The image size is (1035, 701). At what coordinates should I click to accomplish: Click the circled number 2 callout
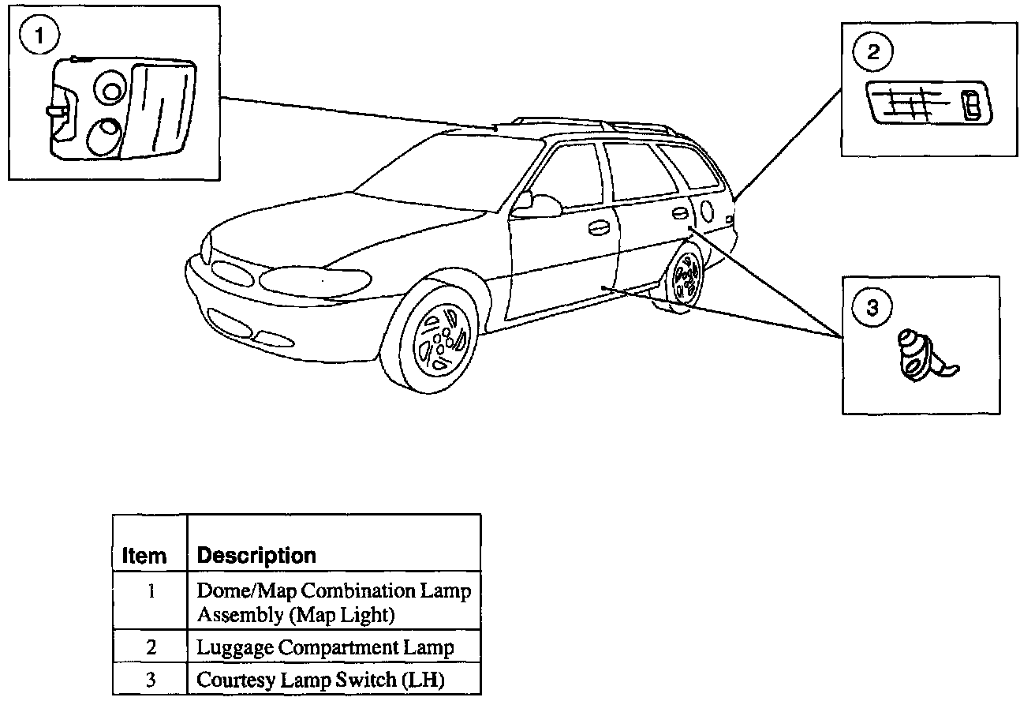pyautogui.click(x=872, y=52)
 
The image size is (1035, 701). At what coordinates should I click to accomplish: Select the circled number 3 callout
pyautogui.click(x=872, y=307)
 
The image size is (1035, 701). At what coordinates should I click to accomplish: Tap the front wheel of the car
pyautogui.click(x=437, y=337)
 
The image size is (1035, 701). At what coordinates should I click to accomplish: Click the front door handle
pyautogui.click(x=599, y=227)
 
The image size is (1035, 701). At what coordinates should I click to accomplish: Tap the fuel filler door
pyautogui.click(x=706, y=211)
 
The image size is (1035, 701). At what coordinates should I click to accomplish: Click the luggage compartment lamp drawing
pyautogui.click(x=928, y=103)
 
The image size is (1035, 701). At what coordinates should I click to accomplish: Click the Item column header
pyautogui.click(x=144, y=556)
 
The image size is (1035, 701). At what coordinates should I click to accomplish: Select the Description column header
pyautogui.click(x=256, y=555)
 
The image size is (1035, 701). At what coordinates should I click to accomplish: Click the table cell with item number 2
pyautogui.click(x=150, y=648)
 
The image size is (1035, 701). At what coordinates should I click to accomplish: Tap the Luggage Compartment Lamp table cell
pyautogui.click(x=325, y=648)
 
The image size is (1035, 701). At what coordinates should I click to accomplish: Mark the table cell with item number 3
pyautogui.click(x=150, y=679)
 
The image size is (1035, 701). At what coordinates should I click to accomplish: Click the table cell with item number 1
pyautogui.click(x=150, y=591)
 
